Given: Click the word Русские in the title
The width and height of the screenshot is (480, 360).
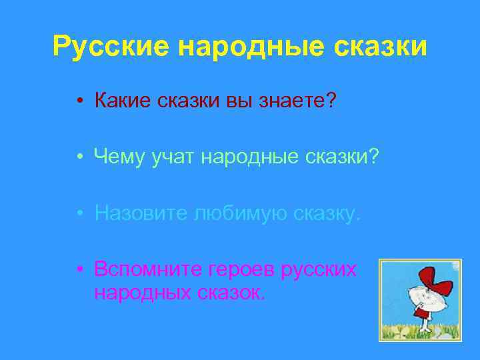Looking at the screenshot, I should pyautogui.click(x=114, y=46).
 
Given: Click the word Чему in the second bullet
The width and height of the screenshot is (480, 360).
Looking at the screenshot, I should pyautogui.click(x=121, y=157).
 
